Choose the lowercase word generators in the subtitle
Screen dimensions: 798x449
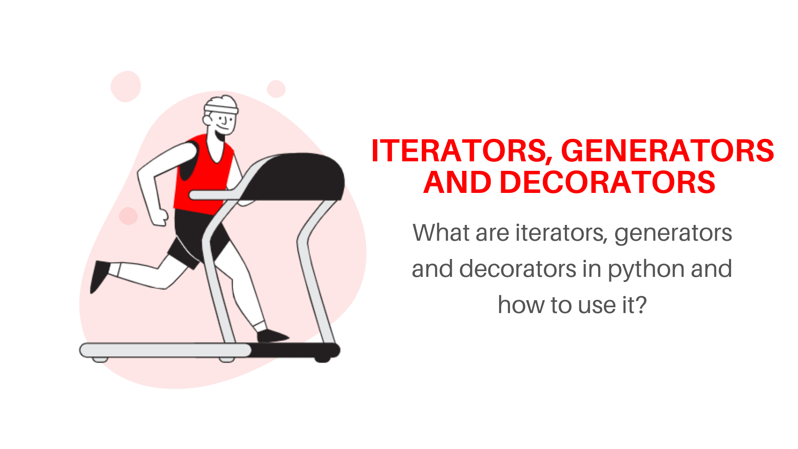[x=673, y=234]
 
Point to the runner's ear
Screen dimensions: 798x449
[x=207, y=120]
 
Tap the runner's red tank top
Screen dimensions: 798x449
[x=204, y=175]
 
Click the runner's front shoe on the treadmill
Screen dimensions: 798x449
[x=273, y=336]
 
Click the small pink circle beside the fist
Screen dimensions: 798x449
[x=128, y=216]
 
